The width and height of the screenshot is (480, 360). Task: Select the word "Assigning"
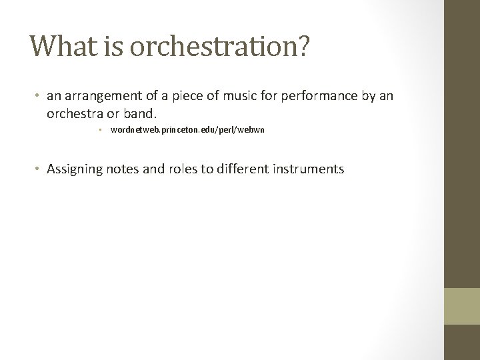point(75,169)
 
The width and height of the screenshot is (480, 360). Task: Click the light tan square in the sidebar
point(461,305)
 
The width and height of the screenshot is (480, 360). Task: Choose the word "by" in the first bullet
point(367,97)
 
